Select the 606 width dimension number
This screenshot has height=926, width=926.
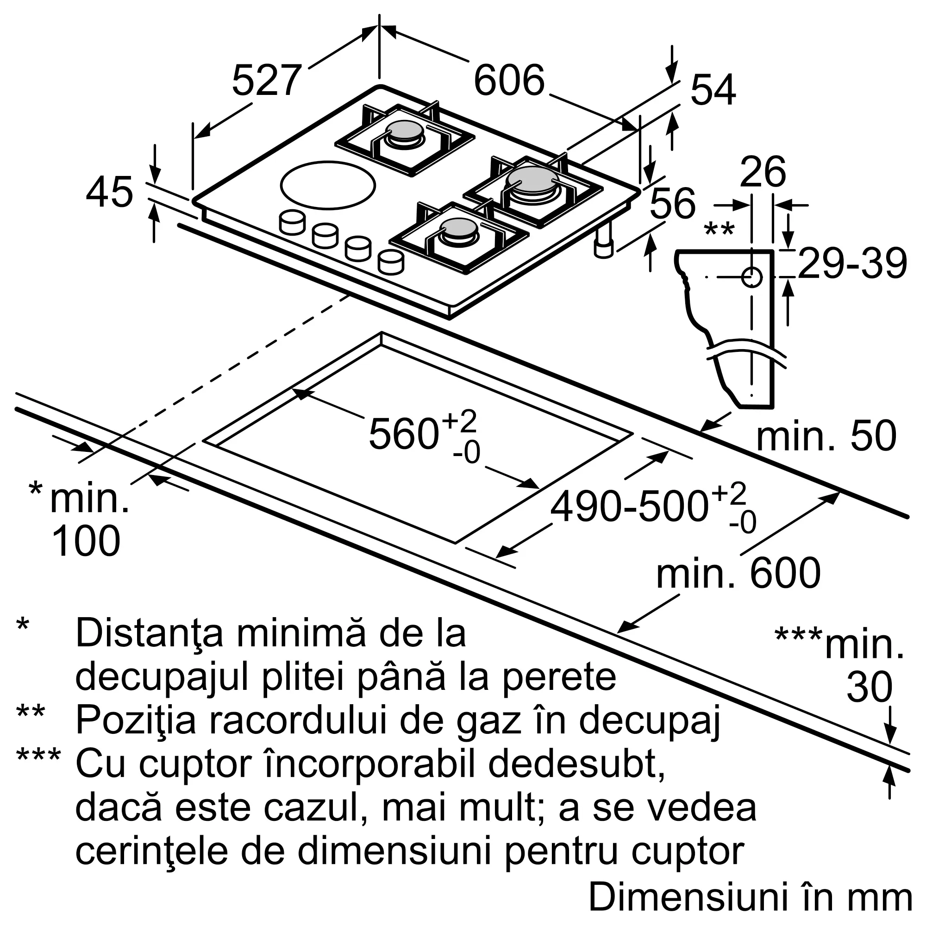point(509,81)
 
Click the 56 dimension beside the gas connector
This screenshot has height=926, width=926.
point(672,203)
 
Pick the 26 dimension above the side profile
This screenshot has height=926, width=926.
point(763,172)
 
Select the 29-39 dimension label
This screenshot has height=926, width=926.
point(852,263)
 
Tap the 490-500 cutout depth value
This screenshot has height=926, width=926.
point(628,506)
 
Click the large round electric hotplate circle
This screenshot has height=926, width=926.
point(328,185)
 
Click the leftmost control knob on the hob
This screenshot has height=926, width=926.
point(292,223)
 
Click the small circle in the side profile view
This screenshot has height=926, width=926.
point(751,277)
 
